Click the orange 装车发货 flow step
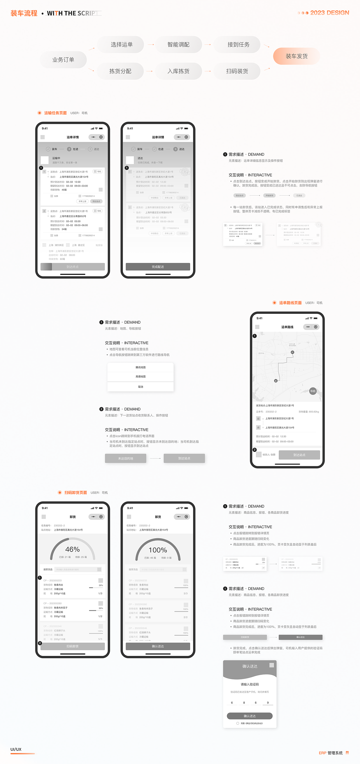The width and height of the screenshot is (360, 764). pyautogui.click(x=296, y=56)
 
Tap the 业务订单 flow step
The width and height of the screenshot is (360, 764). pyautogui.click(x=63, y=60)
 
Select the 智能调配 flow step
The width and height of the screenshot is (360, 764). pyautogui.click(x=178, y=44)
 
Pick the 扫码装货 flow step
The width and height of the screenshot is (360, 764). pyautogui.click(x=237, y=71)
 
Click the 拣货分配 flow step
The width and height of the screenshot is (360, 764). pyautogui.click(x=120, y=71)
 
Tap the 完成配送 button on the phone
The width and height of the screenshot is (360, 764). pyautogui.click(x=158, y=267)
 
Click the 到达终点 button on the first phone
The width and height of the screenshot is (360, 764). pyautogui.click(x=73, y=267)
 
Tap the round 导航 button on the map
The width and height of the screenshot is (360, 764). pyautogui.click(x=312, y=391)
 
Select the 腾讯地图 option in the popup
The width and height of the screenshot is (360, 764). pyautogui.click(x=141, y=367)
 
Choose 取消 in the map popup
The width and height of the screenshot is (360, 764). pyautogui.click(x=141, y=387)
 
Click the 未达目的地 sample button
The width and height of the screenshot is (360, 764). pyautogui.click(x=125, y=458)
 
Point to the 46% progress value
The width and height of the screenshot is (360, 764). pyautogui.click(x=72, y=549)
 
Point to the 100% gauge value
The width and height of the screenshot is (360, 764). pyautogui.click(x=158, y=550)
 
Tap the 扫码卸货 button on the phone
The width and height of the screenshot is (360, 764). pyautogui.click(x=73, y=646)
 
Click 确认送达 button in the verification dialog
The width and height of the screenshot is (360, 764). pyautogui.click(x=249, y=716)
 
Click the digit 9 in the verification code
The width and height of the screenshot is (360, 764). pyautogui.click(x=268, y=702)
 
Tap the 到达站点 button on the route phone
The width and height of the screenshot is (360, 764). pyautogui.click(x=299, y=455)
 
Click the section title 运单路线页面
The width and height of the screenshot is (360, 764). pyautogui.click(x=290, y=303)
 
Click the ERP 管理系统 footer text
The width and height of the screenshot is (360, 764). pyautogui.click(x=330, y=753)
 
